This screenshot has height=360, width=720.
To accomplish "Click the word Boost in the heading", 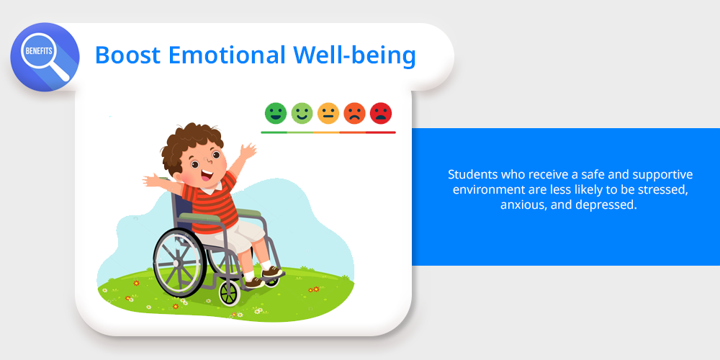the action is tap(127, 55).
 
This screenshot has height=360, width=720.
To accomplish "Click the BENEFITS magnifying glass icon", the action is tap(45, 57).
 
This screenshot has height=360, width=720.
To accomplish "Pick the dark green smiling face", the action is tap(276, 113).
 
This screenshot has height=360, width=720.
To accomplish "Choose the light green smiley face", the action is tap(302, 113).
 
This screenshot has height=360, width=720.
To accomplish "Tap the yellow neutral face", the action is tap(328, 113).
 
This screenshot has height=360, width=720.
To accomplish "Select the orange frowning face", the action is tap(354, 113).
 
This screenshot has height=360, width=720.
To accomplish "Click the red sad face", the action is tap(381, 113).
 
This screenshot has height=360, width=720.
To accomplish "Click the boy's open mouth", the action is tap(207, 175).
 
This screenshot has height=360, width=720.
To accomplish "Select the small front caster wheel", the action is tap(229, 294).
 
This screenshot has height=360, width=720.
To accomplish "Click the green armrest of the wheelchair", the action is tap(220, 214).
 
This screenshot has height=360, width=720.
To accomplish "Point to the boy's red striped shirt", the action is tap(211, 202).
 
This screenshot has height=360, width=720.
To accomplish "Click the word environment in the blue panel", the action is tap(485, 190).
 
